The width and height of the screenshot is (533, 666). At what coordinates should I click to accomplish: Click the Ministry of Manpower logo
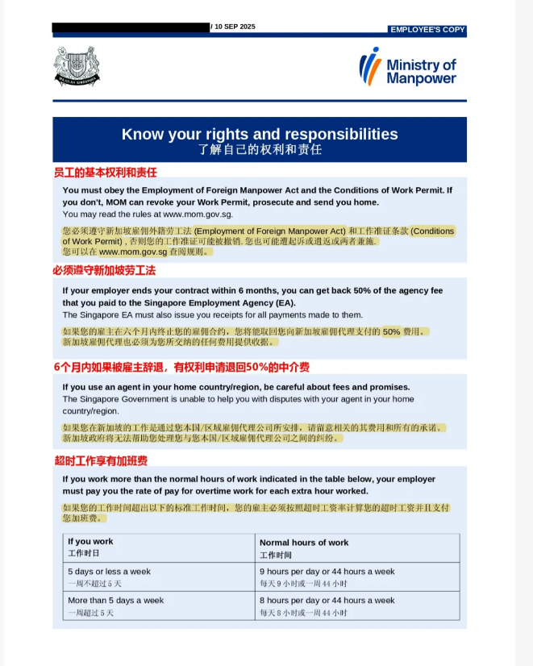[407, 68]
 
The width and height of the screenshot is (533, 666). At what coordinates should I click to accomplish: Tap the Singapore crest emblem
[77, 66]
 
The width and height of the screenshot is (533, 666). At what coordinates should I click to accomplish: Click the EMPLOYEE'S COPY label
[427, 29]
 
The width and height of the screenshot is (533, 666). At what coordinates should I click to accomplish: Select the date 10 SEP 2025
[235, 27]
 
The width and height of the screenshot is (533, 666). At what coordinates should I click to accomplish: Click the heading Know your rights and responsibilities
[259, 134]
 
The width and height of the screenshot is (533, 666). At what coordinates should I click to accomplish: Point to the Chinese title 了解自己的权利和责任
[259, 150]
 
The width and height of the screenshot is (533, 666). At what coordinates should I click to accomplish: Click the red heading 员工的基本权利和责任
[105, 172]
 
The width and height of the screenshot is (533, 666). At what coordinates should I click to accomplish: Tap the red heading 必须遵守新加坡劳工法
[104, 270]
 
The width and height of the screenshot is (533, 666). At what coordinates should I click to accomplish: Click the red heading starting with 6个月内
[181, 368]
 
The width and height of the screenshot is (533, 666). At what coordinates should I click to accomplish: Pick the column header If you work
[90, 542]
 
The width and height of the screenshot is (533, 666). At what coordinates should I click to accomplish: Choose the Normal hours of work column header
[304, 543]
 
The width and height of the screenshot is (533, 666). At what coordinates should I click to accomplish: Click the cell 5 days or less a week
[109, 572]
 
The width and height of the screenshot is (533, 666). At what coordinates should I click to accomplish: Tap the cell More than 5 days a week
[115, 601]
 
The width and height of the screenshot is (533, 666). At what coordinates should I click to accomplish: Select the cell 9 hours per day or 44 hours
[327, 572]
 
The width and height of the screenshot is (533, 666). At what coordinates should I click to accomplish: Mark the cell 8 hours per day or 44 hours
[327, 601]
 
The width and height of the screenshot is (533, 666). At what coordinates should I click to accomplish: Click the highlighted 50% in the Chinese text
[391, 331]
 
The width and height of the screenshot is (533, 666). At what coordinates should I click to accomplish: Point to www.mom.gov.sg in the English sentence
[198, 214]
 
